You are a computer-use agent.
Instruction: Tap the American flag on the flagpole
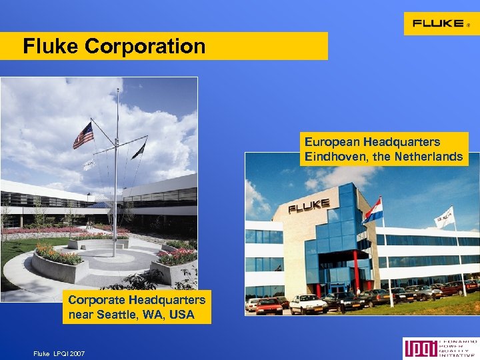[83, 135]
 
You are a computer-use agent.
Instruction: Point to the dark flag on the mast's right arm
[139, 151]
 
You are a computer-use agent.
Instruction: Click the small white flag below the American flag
[89, 164]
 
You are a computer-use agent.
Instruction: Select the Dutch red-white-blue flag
[373, 211]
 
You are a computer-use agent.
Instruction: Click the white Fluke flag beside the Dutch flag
[444, 217]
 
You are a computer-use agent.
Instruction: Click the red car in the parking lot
[269, 306]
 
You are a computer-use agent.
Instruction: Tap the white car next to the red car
[307, 304]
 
